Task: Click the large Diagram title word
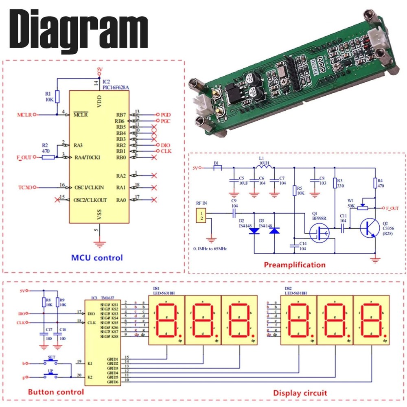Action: (77, 29)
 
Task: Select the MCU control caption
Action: (96, 258)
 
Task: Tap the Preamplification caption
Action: (295, 265)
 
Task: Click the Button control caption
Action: (56, 392)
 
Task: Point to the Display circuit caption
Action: (300, 393)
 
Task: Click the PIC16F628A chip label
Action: (116, 87)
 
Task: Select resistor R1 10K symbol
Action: (57, 97)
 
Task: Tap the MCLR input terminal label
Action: (24, 114)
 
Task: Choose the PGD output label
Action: (166, 115)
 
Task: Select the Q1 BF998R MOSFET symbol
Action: (320, 233)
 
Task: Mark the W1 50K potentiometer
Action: (361, 208)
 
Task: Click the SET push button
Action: (52, 362)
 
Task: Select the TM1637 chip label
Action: (108, 298)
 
